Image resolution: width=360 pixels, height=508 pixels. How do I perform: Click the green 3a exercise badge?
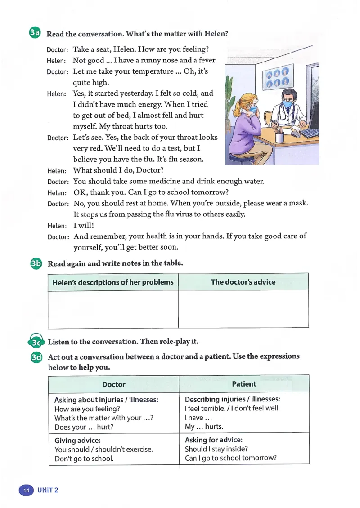pyautogui.click(x=35, y=33)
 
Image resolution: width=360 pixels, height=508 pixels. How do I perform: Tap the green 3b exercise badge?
pyautogui.click(x=36, y=264)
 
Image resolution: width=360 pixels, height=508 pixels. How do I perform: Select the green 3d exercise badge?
pyautogui.click(x=36, y=357)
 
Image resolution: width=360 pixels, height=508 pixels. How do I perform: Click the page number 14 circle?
pyautogui.click(x=26, y=490)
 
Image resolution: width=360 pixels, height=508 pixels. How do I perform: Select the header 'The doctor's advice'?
pyautogui.click(x=243, y=282)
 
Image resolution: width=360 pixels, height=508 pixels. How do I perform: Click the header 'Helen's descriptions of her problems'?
pyautogui.click(x=112, y=282)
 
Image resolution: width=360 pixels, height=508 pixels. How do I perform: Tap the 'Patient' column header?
pyautogui.click(x=243, y=384)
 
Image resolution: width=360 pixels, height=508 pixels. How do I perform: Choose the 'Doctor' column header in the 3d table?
pyautogui.click(x=114, y=384)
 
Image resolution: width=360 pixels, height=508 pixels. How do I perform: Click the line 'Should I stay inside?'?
pyautogui.click(x=216, y=449)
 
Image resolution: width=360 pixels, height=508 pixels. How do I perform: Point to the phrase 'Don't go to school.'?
pyautogui.click(x=84, y=459)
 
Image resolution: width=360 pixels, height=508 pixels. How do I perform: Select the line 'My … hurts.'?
pyautogui.click(x=204, y=427)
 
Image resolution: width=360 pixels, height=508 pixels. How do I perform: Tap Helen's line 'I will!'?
pyautogui.click(x=83, y=226)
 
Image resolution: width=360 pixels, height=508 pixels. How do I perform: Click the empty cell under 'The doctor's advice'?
pyautogui.click(x=243, y=309)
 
